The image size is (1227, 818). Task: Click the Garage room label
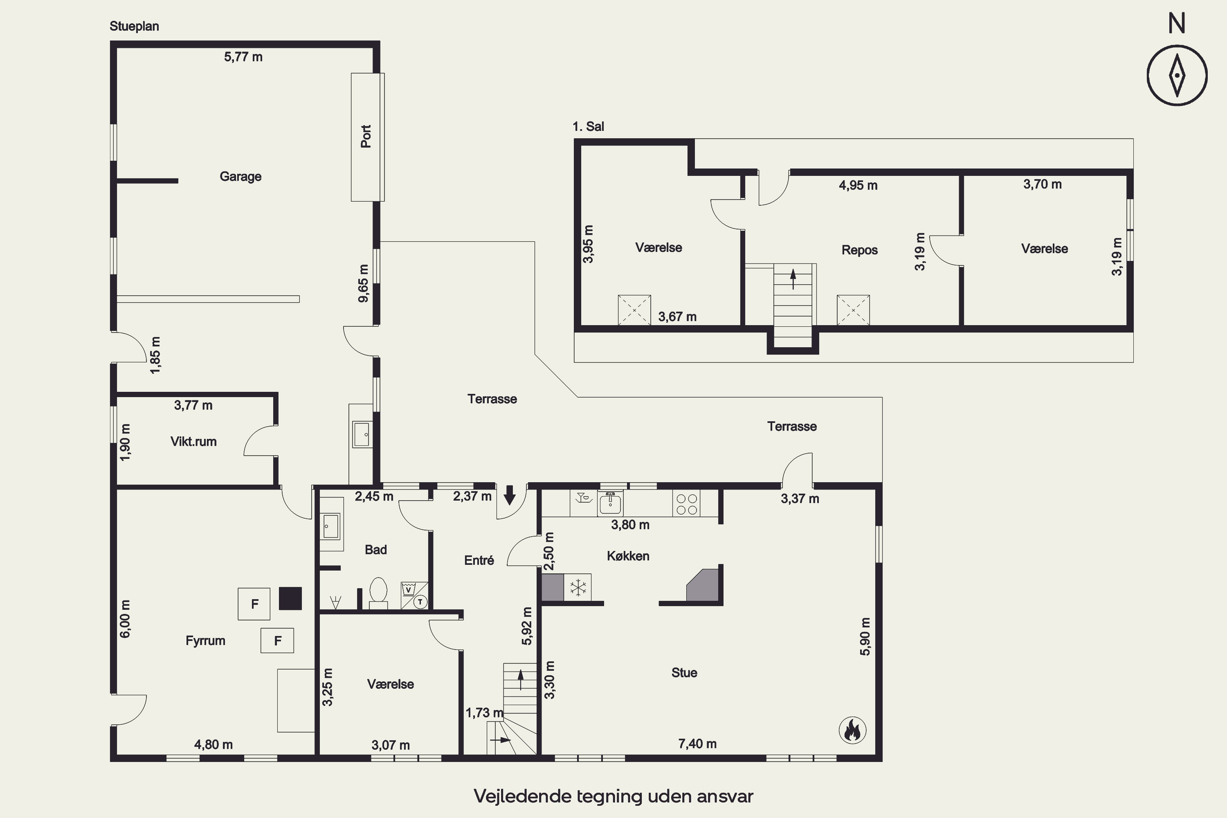[240, 176]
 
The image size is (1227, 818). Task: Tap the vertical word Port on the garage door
[366, 136]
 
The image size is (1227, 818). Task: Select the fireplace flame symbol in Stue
[852, 730]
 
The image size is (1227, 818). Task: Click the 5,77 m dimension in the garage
[243, 57]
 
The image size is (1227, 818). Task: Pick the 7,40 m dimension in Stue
[697, 744]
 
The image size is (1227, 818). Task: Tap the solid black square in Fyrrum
[290, 598]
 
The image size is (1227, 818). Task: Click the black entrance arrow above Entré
[510, 494]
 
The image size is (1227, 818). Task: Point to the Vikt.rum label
[193, 441]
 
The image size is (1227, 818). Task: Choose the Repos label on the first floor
[860, 250]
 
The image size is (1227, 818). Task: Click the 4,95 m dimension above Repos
[858, 185]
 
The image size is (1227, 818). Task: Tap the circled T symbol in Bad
[420, 602]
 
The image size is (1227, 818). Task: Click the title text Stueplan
[134, 26]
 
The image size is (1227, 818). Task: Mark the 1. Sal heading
[588, 126]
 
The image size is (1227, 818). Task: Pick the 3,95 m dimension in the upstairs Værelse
[588, 244]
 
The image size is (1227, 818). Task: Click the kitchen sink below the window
[610, 503]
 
